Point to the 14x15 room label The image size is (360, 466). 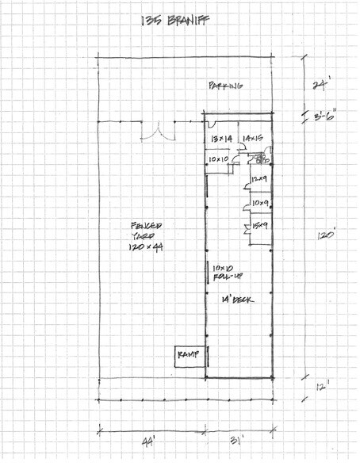point(253,139)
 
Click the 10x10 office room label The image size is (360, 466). point(218,159)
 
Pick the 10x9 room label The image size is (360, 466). point(259,204)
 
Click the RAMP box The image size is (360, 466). point(189,355)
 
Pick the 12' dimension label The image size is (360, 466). point(320,387)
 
